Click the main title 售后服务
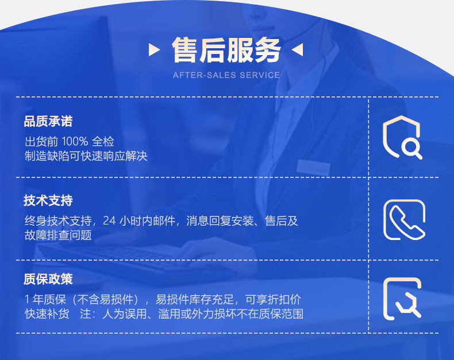[226, 51]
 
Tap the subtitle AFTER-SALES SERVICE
[226, 75]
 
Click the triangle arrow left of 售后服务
[154, 50]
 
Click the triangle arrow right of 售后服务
[297, 51]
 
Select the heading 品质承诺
[48, 122]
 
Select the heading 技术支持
[48, 200]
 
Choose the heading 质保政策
[48, 279]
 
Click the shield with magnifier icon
[402, 137]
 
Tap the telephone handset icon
[404, 220]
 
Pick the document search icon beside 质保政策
[402, 298]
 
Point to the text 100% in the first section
[74, 141]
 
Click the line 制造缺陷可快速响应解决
[86, 156]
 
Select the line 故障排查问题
[58, 235]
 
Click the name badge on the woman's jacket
[313, 167]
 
